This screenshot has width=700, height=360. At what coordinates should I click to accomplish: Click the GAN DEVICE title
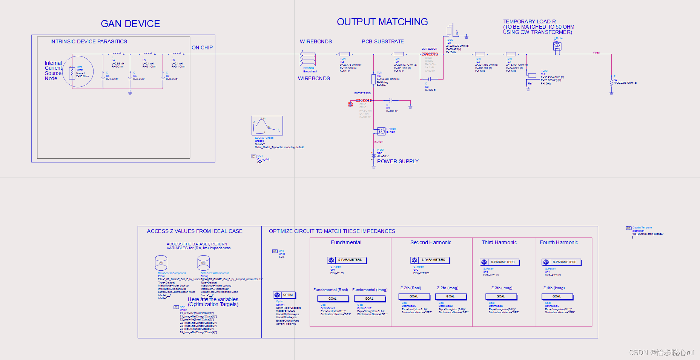[x=130, y=24]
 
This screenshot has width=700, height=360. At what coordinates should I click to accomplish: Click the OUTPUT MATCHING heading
[x=382, y=22]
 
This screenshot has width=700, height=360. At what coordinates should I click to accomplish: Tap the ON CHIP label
[x=202, y=47]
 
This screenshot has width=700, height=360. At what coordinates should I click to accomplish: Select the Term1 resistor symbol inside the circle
[x=72, y=73]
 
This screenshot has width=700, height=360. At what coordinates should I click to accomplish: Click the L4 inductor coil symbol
[x=117, y=54]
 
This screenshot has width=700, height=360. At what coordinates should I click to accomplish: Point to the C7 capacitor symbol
[x=163, y=77]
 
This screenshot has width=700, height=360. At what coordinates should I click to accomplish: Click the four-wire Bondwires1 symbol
[x=308, y=58]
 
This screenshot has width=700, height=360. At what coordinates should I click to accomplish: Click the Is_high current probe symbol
[x=381, y=131]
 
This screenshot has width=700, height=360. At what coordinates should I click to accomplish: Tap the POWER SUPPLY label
[x=398, y=161]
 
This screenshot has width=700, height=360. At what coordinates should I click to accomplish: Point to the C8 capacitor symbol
[x=430, y=79]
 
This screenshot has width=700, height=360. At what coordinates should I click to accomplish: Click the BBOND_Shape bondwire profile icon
[x=267, y=126]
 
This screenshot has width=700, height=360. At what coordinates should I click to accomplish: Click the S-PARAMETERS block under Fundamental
[x=347, y=260]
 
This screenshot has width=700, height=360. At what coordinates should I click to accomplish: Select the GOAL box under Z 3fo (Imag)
[x=501, y=297]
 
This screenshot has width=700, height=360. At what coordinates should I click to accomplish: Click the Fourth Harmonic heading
[x=559, y=242]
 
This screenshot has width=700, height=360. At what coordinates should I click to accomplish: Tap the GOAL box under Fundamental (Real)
[x=332, y=299]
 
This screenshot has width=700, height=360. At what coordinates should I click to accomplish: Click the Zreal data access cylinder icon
[x=161, y=262]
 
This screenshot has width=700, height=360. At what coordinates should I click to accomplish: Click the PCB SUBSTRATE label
[x=382, y=41]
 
